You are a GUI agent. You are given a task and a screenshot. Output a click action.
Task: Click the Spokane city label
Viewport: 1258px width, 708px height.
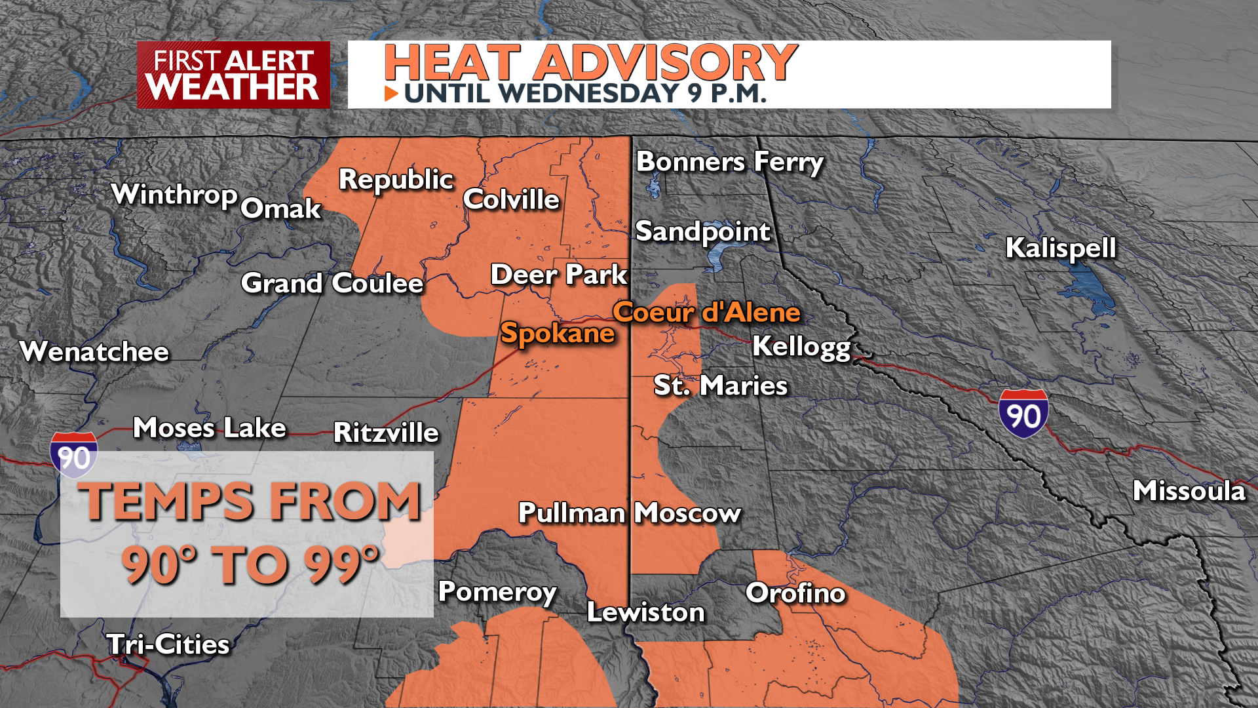557,333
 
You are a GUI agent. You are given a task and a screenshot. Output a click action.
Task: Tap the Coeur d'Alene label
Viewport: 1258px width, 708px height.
706,312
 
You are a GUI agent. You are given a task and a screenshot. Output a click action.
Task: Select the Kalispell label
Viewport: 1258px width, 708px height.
1060,248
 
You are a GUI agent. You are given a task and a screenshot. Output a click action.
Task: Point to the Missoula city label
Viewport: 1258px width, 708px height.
1189,491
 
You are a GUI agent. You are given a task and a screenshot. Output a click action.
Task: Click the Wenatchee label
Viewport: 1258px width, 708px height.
94,352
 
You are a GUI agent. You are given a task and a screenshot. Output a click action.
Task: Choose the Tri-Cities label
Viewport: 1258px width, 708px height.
168,644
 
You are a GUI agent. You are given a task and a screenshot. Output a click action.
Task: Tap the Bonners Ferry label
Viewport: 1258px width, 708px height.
729,162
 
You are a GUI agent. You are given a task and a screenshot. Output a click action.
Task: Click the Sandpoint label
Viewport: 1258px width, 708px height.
702,231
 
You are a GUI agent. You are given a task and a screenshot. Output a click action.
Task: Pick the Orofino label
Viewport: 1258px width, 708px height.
795,593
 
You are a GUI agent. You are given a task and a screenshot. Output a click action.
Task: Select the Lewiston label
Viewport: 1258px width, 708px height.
645,612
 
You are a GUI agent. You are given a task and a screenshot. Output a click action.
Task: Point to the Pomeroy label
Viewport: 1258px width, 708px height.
497,592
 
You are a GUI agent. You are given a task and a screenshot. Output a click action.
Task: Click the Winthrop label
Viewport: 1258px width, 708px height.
174,195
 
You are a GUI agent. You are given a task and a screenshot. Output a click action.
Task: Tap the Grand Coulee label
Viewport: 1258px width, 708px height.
332,283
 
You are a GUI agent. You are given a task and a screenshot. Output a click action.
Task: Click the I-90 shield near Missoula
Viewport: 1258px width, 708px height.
1023,414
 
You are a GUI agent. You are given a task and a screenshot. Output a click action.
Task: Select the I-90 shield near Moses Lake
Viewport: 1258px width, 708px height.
74,455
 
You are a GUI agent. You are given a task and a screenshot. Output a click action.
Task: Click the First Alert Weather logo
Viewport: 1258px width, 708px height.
233,75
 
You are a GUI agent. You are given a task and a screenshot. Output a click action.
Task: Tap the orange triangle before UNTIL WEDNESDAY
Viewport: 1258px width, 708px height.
391,94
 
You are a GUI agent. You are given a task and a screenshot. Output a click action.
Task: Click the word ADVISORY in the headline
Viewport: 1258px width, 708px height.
666,63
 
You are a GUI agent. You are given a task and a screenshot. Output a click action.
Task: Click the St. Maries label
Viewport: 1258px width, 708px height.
720,385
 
